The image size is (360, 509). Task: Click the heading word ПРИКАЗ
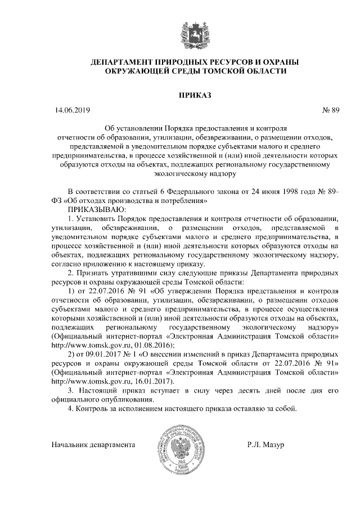(194, 94)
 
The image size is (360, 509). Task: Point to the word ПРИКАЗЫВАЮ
(88, 209)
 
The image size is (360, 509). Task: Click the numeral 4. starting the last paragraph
(70, 409)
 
